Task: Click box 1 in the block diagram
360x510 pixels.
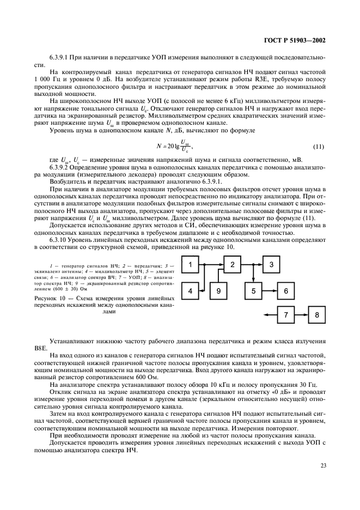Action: pyautogui.click(x=191, y=265)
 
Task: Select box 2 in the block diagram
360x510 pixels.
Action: pyautogui.click(x=233, y=265)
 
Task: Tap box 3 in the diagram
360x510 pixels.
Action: pyautogui.click(x=274, y=265)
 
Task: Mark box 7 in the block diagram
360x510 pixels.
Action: pyautogui.click(x=286, y=315)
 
